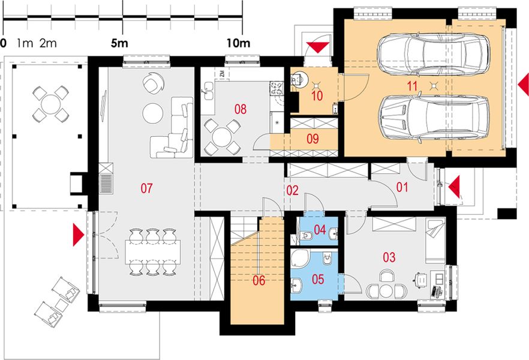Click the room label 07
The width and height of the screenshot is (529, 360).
(147, 188)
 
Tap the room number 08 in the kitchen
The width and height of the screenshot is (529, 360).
(241, 109)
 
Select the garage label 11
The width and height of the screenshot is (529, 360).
(411, 86)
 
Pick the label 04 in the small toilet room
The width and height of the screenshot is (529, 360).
(320, 230)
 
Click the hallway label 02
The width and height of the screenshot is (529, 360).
(292, 191)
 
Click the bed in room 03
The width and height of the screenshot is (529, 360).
(433, 239)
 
